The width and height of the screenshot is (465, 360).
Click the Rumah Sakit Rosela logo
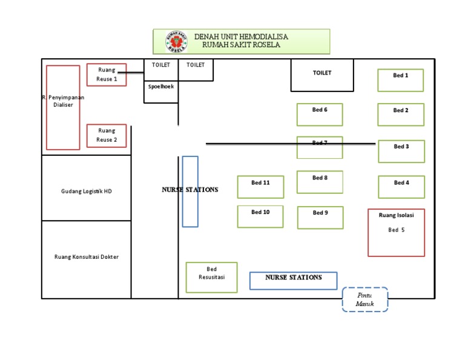pyautogui.click(x=176, y=42)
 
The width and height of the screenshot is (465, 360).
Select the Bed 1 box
pyautogui.click(x=400, y=80)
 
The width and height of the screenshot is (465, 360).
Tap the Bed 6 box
pyautogui.click(x=320, y=115)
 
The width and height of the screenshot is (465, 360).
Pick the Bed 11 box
pyautogui.click(x=260, y=187)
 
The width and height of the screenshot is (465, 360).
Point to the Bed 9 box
pyautogui.click(x=320, y=218)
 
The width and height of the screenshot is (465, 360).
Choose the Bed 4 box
pyautogui.click(x=401, y=187)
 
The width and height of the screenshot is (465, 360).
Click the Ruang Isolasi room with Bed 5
pyautogui.click(x=396, y=233)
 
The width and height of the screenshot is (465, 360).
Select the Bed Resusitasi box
pyautogui.click(x=211, y=278)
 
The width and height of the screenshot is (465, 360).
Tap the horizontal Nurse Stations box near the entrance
pyautogui.click(x=293, y=281)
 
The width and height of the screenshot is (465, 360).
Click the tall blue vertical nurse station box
pyautogui.click(x=190, y=192)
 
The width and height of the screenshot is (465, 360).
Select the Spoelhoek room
pyautogui.click(x=161, y=92)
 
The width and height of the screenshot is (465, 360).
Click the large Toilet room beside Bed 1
pyautogui.click(x=322, y=75)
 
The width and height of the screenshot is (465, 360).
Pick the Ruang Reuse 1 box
pyautogui.click(x=107, y=75)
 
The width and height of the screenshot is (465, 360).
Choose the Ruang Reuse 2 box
pyautogui.click(x=107, y=136)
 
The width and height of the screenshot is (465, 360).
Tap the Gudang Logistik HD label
pyautogui.click(x=87, y=192)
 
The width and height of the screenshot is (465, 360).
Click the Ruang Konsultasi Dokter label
pyautogui.click(x=87, y=257)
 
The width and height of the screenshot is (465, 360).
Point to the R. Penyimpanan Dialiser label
pyautogui.click(x=63, y=101)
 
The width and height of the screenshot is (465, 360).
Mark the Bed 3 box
pyautogui.click(x=401, y=152)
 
